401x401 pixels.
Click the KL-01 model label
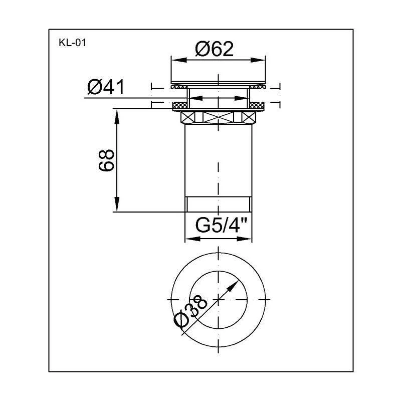pos(72,43)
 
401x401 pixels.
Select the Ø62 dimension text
pos(215,49)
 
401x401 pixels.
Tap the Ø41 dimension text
pos(106,87)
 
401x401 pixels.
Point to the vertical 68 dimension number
pos(106,160)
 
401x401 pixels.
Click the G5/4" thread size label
pos(221,225)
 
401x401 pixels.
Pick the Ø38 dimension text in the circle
pos(190,311)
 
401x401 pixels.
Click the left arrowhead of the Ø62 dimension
pos(179,60)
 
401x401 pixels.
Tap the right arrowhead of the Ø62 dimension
pos(258,60)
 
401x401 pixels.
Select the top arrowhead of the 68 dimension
pos(117,117)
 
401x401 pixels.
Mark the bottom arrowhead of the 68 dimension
pos(117,205)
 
